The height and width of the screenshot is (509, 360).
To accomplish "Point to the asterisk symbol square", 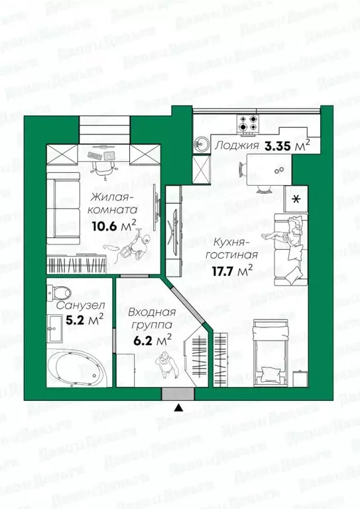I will tap(296, 199).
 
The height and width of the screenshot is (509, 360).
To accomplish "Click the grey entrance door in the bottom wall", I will tap(178, 394).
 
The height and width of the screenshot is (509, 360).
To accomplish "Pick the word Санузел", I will tap(74, 307).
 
